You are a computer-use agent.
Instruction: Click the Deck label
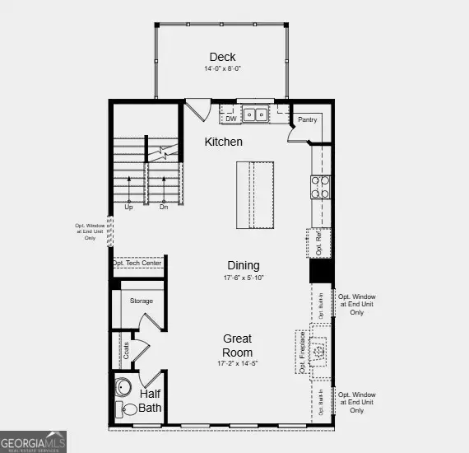[222, 57]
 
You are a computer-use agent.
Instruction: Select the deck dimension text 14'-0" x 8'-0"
[222, 70]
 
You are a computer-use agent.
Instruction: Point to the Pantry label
[307, 119]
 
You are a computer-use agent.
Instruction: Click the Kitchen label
[224, 142]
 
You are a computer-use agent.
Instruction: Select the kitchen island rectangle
[254, 196]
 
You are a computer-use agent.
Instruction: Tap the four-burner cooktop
[320, 188]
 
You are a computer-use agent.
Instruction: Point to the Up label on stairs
[128, 208]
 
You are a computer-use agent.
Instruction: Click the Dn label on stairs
[163, 208]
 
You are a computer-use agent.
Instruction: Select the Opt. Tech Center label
[137, 263]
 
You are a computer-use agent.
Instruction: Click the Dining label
[244, 265]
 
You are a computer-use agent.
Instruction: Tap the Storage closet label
[141, 301]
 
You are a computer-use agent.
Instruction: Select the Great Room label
[238, 345]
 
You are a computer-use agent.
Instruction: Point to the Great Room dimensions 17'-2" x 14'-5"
[238, 363]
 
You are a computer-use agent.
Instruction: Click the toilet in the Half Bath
[129, 409]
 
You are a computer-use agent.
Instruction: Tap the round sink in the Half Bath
[124, 387]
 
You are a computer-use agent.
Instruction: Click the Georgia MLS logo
[34, 442]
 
